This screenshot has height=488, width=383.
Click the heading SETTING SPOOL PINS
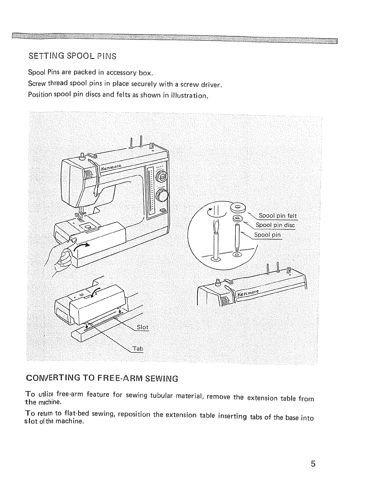click(x=72, y=56)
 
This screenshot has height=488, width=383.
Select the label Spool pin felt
click(x=278, y=216)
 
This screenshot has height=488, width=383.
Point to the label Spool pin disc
click(x=275, y=225)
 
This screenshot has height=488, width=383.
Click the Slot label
click(x=143, y=327)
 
